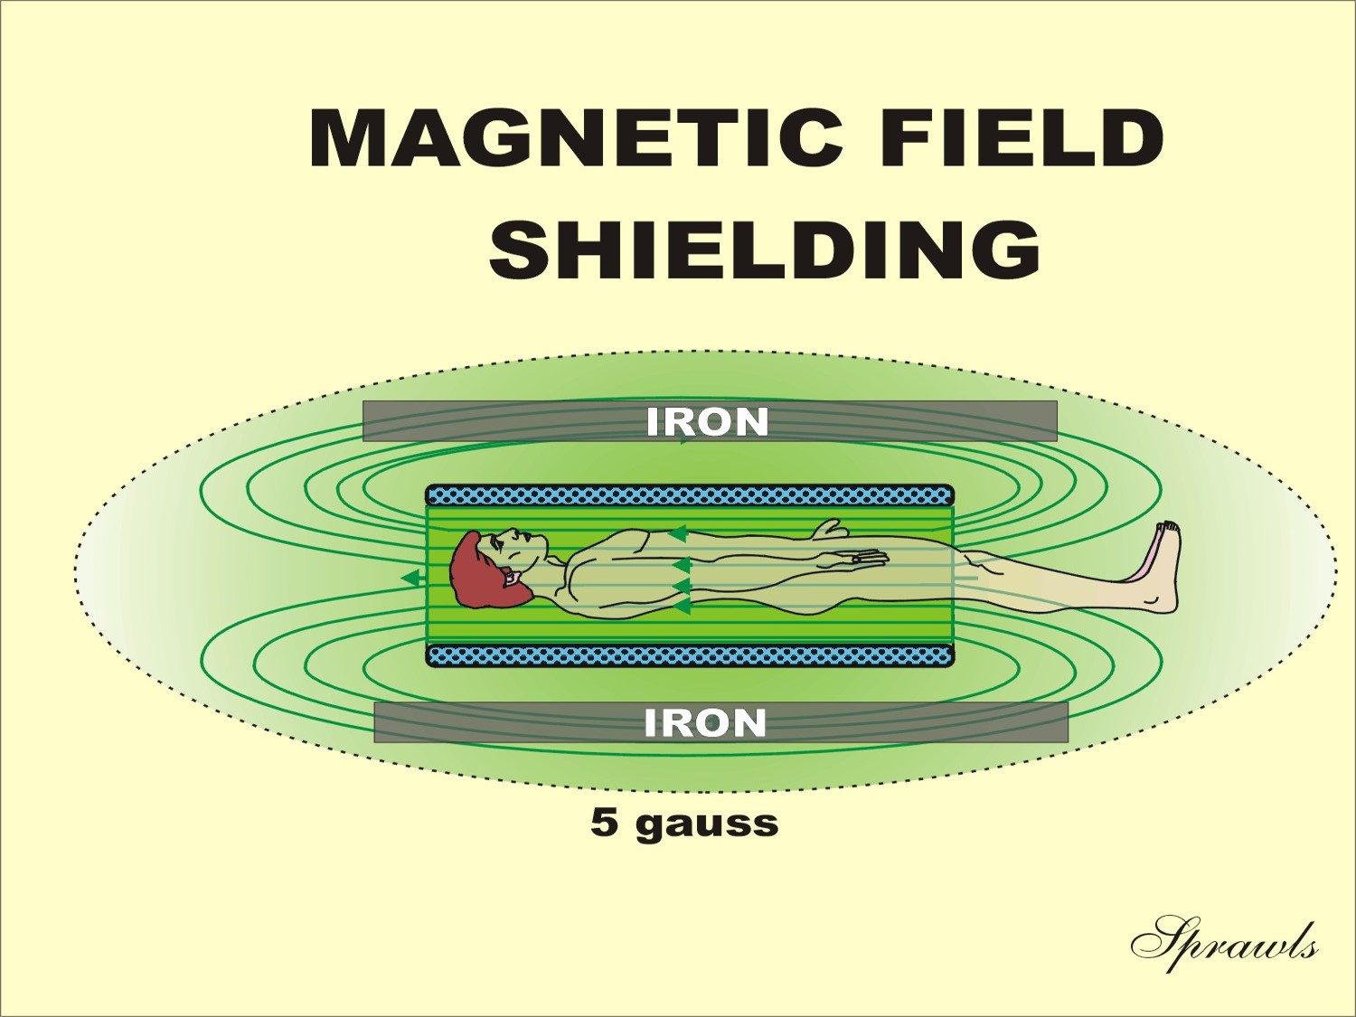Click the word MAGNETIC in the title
pos(576,137)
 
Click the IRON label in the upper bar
pos(708,422)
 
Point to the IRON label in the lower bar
pos(705,722)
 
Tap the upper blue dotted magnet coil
pos(690,494)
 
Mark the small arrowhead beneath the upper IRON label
pos(682,441)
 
